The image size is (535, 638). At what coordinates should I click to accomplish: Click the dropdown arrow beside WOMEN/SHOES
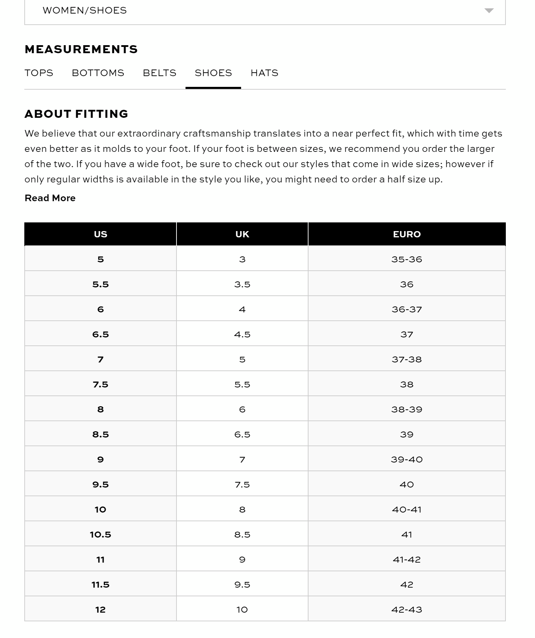(x=489, y=10)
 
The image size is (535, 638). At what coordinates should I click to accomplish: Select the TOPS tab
(x=39, y=73)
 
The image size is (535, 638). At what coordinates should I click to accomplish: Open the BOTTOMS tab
(x=98, y=73)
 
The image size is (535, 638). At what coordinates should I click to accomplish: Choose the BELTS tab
(x=159, y=73)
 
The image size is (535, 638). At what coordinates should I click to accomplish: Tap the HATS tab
(x=264, y=73)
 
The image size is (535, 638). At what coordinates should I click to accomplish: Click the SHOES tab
(x=213, y=73)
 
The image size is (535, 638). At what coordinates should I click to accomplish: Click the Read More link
(x=50, y=198)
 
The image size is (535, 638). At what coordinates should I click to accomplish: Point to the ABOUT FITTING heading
(x=76, y=114)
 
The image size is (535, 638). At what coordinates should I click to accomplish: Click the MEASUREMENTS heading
(x=81, y=49)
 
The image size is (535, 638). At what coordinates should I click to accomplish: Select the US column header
(x=100, y=234)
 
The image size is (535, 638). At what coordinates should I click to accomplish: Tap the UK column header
(x=242, y=234)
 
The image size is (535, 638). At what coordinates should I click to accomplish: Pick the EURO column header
(x=407, y=234)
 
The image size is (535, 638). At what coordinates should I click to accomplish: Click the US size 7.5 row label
(x=100, y=384)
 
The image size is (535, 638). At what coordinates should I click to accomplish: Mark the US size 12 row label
(x=100, y=610)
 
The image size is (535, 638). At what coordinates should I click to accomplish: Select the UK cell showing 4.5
(x=242, y=334)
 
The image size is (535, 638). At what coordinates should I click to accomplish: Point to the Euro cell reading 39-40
(x=407, y=459)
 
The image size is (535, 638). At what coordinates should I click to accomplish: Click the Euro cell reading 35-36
(x=407, y=259)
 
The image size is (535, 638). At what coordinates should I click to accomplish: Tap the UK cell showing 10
(x=242, y=610)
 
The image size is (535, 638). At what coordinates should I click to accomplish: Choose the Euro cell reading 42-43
(x=407, y=610)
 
